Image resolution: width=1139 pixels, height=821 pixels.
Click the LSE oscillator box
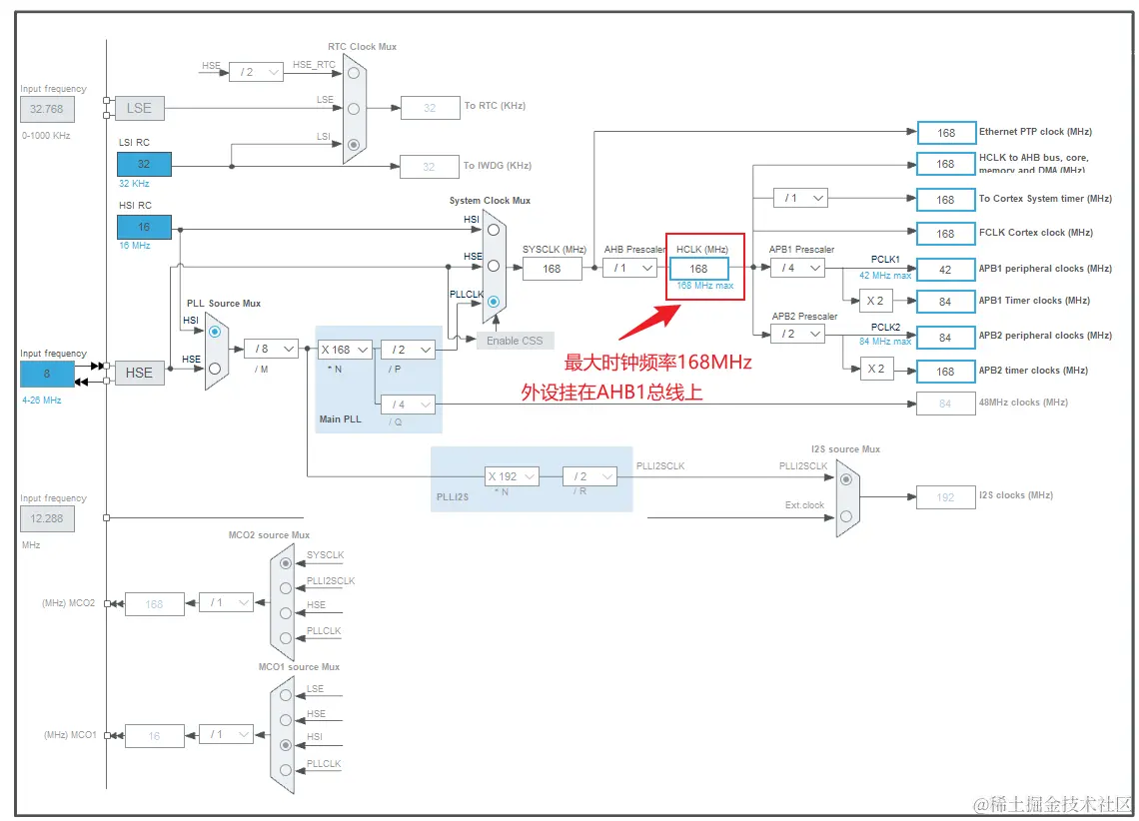pyautogui.click(x=139, y=108)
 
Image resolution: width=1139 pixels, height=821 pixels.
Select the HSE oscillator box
pyautogui.click(x=139, y=373)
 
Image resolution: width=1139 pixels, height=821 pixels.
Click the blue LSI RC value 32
pyautogui.click(x=144, y=164)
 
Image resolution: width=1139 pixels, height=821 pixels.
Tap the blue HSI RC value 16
pyautogui.click(x=144, y=227)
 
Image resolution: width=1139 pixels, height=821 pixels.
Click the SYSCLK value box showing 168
pyautogui.click(x=552, y=268)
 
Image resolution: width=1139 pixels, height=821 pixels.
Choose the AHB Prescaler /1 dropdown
pyautogui.click(x=629, y=268)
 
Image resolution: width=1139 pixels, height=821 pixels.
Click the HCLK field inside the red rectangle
pyautogui.click(x=698, y=268)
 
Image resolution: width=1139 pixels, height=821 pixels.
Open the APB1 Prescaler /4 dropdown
pyautogui.click(x=797, y=268)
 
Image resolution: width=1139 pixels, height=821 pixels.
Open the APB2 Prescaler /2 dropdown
pyautogui.click(x=797, y=334)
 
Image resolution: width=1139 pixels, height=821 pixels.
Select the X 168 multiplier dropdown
pyautogui.click(x=345, y=350)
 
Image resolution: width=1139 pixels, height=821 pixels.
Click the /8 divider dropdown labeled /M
pyautogui.click(x=271, y=349)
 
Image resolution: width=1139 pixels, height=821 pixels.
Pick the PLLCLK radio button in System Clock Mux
pyautogui.click(x=494, y=301)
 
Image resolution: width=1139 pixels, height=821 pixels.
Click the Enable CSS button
pyautogui.click(x=515, y=341)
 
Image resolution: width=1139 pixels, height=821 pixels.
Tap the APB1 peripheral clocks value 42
pyautogui.click(x=945, y=269)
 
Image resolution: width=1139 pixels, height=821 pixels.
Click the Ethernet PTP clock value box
pyautogui.click(x=945, y=132)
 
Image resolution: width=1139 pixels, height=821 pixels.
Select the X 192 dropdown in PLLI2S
pyautogui.click(x=513, y=476)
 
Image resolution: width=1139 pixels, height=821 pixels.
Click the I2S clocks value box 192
pyautogui.click(x=945, y=496)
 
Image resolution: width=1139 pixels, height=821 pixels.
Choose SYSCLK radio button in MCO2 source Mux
pyautogui.click(x=287, y=563)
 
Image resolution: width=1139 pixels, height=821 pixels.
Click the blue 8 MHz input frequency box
pyautogui.click(x=47, y=374)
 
